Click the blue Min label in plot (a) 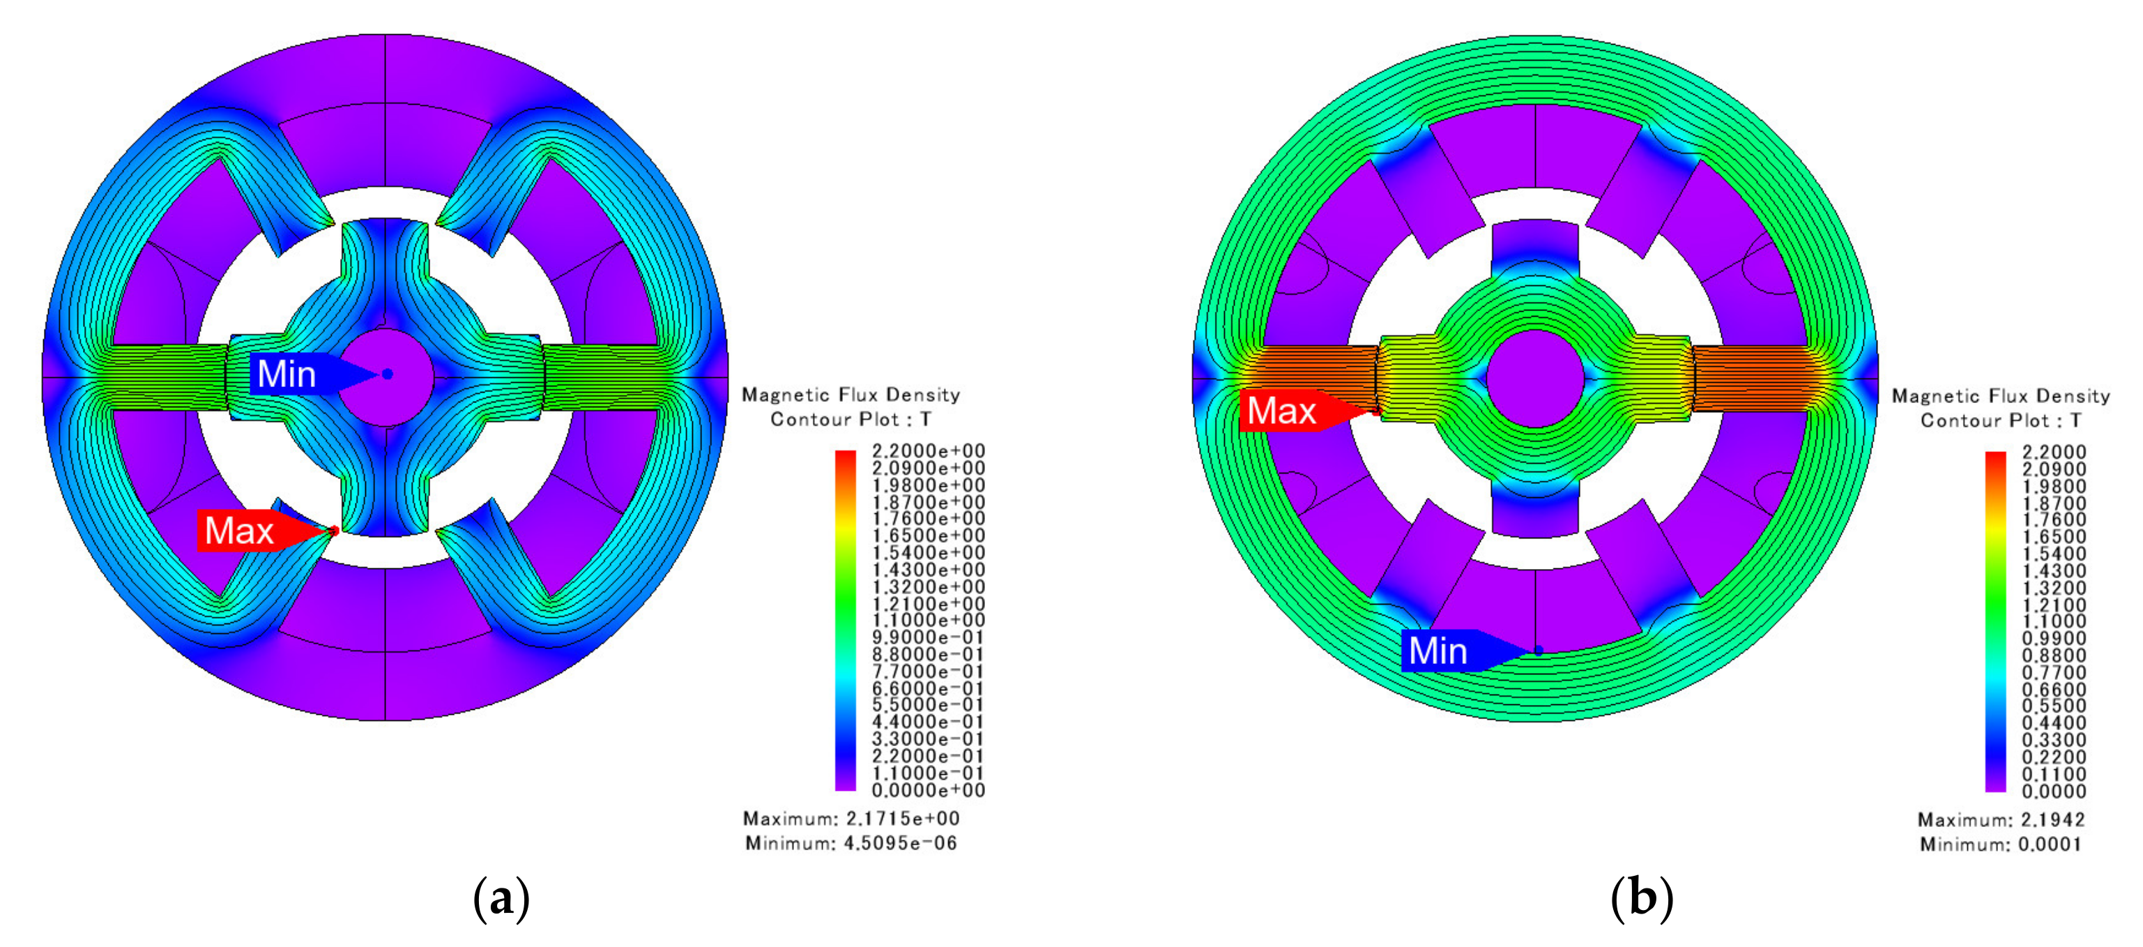click(287, 374)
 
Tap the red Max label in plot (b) click(1282, 410)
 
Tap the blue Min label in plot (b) click(1438, 650)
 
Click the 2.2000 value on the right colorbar click(2054, 452)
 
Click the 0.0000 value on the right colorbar click(2054, 791)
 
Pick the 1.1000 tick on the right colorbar click(2054, 621)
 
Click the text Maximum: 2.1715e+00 click(851, 818)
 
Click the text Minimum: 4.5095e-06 click(851, 843)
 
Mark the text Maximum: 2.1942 click(2001, 819)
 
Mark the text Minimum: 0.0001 click(2001, 844)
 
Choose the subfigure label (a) click(501, 900)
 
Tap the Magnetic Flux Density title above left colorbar click(851, 395)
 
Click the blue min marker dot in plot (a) click(387, 374)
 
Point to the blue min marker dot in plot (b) click(1538, 651)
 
